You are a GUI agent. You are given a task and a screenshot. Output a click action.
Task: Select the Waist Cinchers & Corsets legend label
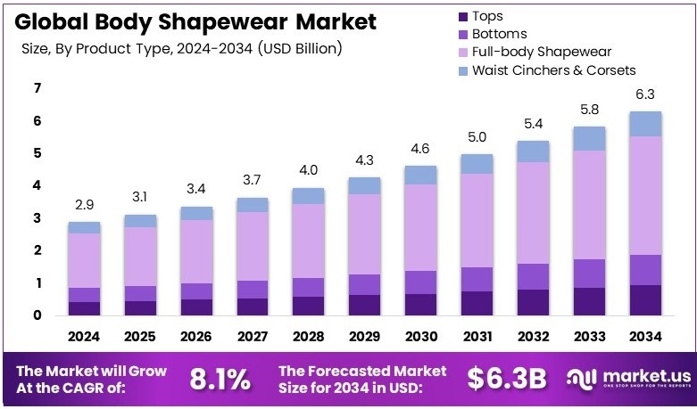coord(553,70)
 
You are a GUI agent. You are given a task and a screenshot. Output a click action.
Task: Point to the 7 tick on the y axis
coord(37,88)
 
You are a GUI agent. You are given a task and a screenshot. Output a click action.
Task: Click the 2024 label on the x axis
coord(85,336)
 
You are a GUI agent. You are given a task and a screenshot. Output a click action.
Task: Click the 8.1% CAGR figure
coord(220,379)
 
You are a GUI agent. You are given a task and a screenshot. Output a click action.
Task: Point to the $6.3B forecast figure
coord(507,379)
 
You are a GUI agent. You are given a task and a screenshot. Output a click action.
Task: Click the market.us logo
coord(626,379)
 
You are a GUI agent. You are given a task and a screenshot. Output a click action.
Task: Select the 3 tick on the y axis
coord(37,218)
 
